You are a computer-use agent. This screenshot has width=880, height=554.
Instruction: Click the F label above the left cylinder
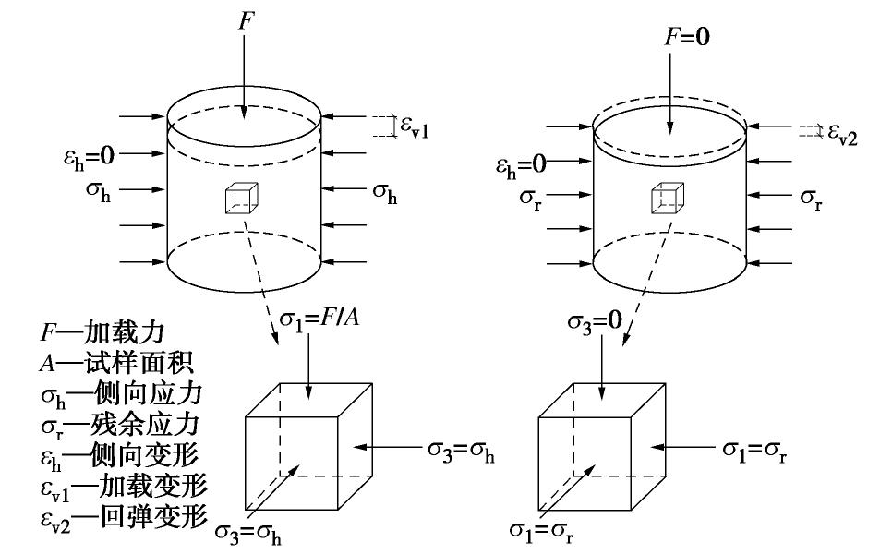coord(244,20)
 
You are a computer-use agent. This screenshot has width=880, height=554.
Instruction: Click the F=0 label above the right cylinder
coord(689,38)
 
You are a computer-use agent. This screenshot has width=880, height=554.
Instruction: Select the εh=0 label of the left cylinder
coord(81,154)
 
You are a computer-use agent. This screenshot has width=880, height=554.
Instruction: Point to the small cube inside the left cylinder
coord(241,198)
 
